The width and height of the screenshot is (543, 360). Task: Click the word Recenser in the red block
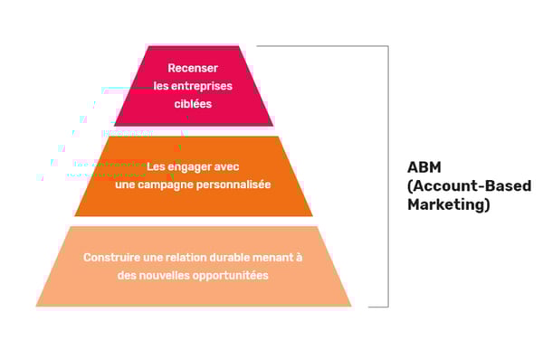(x=193, y=69)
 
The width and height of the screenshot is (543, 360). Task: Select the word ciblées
(x=193, y=103)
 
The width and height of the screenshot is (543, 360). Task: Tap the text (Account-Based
(x=469, y=186)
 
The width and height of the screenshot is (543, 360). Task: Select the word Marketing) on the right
(x=449, y=205)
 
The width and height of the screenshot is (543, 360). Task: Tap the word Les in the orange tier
(x=157, y=167)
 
